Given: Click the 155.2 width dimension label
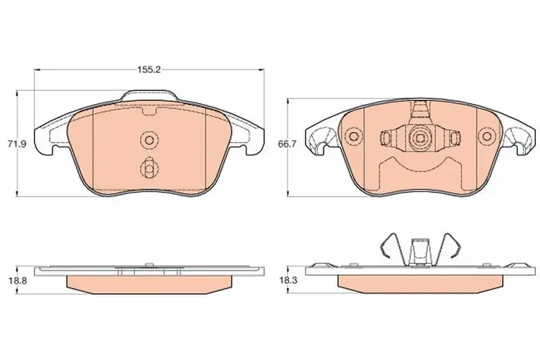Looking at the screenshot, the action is (x=149, y=70).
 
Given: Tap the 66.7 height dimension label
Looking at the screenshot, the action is (x=287, y=144).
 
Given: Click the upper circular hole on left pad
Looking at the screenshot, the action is (x=149, y=140).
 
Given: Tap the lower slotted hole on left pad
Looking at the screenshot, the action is (x=149, y=168).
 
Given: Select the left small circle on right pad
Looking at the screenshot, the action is (x=354, y=136).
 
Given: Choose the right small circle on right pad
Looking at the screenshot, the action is (x=487, y=136).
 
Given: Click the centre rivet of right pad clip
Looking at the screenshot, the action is (x=420, y=138).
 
